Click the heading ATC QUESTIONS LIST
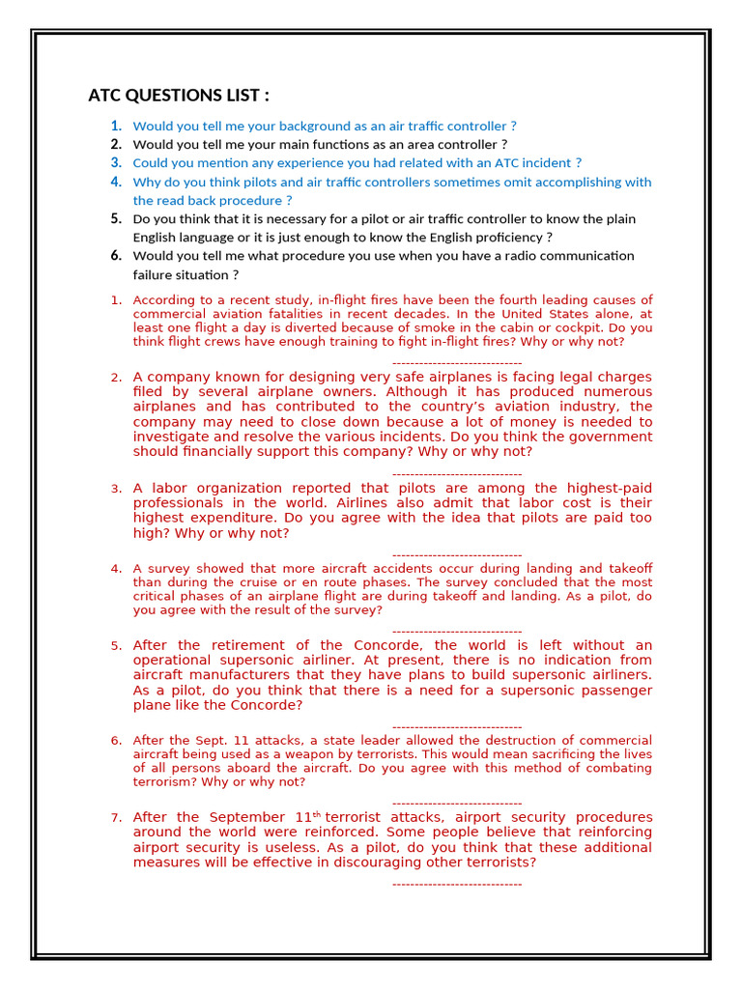click(179, 95)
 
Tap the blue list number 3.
click(116, 162)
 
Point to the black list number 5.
click(116, 218)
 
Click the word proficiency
click(513, 238)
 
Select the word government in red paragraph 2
click(611, 437)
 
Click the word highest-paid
click(608, 489)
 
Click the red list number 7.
click(116, 818)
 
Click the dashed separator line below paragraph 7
click(457, 884)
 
